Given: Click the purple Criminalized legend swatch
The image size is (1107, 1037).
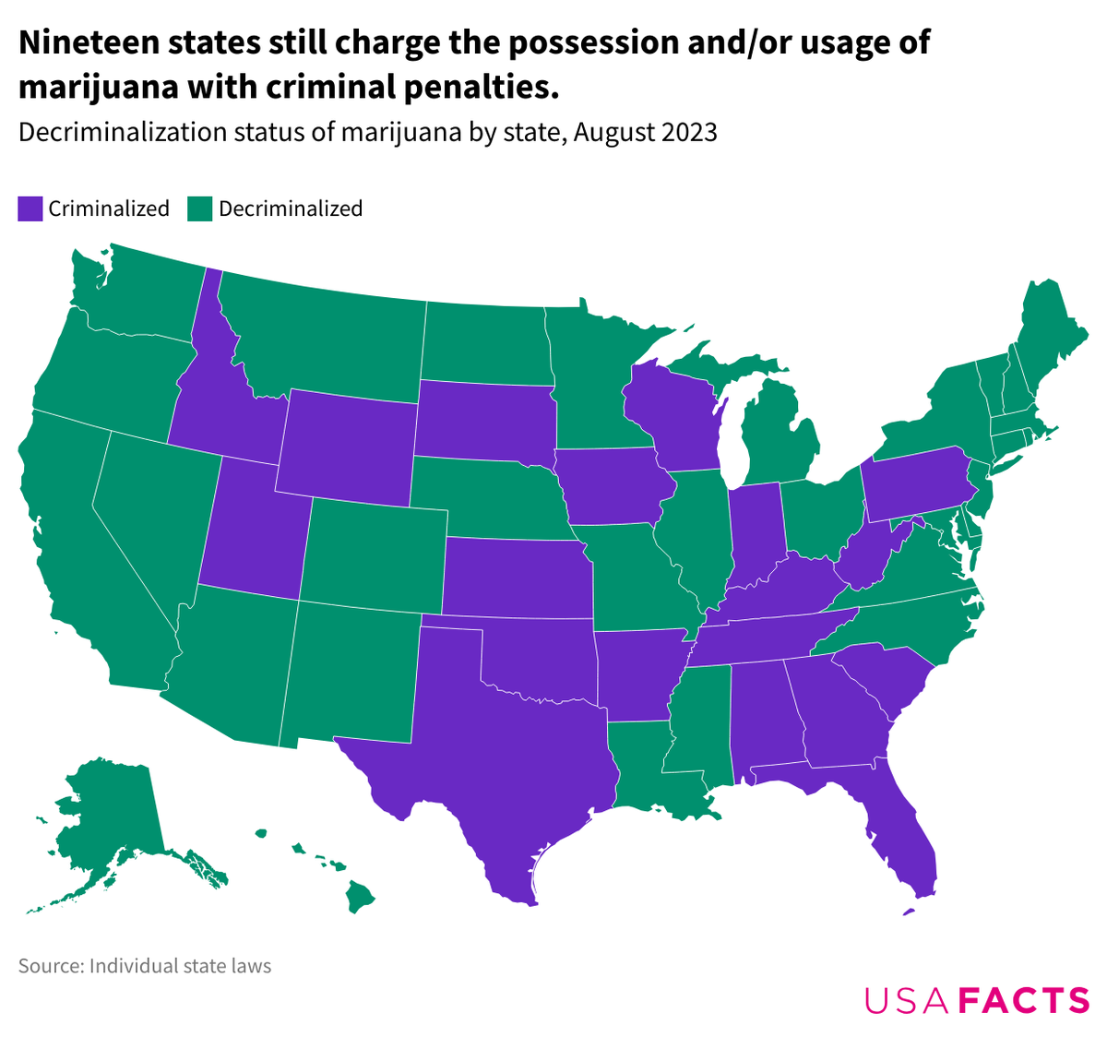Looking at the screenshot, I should [x=30, y=209].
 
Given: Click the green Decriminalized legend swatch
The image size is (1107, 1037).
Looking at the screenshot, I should [x=200, y=209].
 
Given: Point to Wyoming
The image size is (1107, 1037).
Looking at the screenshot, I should [x=346, y=447].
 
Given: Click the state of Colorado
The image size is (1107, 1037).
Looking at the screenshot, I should [x=374, y=554].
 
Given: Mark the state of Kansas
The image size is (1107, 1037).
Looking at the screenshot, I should [x=517, y=577].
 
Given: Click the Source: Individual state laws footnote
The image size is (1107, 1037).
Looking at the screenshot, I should [x=145, y=966].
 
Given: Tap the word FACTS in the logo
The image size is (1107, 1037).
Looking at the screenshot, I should [x=1024, y=1001].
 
